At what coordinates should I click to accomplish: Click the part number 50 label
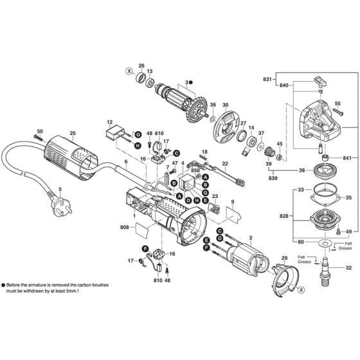tap(39, 131)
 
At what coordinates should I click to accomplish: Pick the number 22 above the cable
tap(225, 165)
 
